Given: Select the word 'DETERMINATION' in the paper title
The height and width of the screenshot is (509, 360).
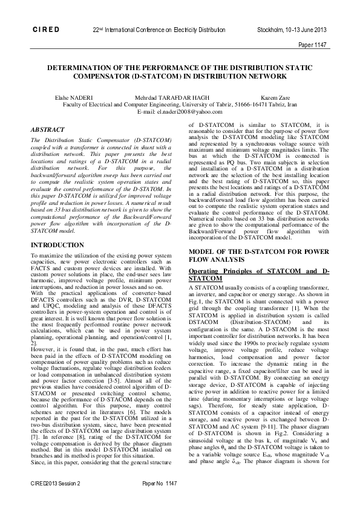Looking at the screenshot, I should tap(82, 69).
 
